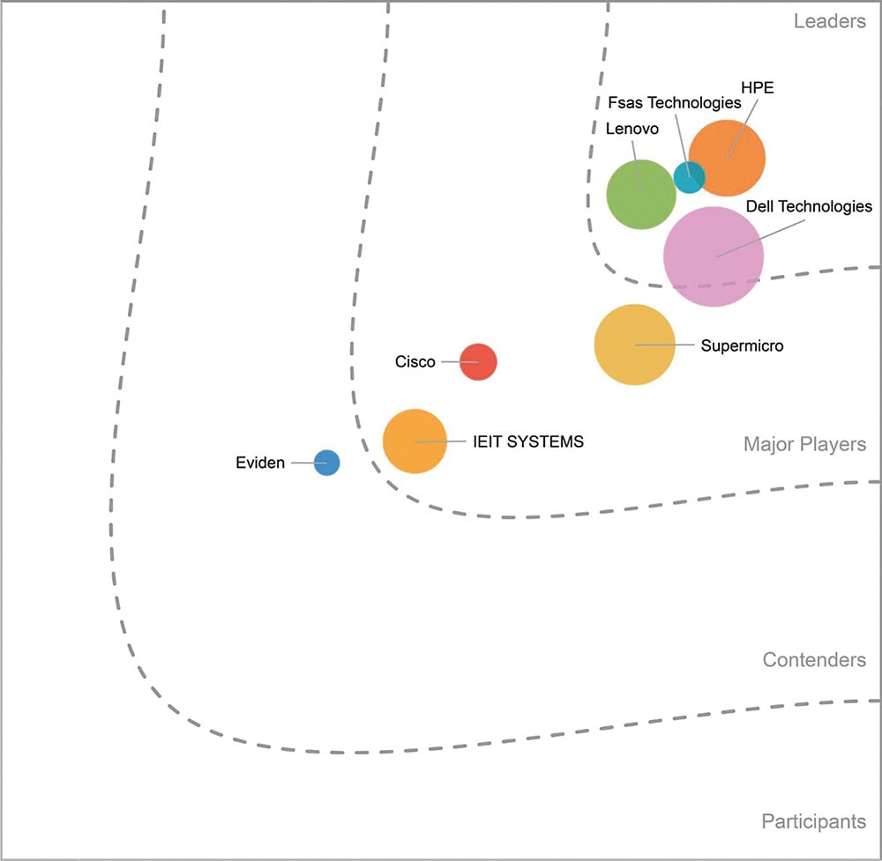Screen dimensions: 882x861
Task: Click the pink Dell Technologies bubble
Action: (x=714, y=256)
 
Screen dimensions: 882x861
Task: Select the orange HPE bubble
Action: (x=728, y=158)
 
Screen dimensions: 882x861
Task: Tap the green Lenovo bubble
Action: (x=641, y=195)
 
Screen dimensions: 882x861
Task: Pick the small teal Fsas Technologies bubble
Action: (x=690, y=177)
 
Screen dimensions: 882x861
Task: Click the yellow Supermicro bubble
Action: (x=634, y=345)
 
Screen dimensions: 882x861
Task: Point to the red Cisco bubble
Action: (x=478, y=362)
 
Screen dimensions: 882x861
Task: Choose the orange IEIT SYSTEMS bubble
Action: (x=415, y=442)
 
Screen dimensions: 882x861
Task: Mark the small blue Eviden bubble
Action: (x=327, y=463)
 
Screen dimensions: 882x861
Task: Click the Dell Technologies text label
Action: (x=809, y=207)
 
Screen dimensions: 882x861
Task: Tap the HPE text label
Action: (x=757, y=87)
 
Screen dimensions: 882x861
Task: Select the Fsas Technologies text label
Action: (x=675, y=103)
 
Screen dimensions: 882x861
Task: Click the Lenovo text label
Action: (x=632, y=129)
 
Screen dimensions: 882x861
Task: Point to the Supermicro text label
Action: (x=742, y=345)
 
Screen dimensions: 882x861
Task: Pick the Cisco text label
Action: (x=415, y=361)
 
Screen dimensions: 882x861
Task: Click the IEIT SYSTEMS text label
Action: (x=528, y=442)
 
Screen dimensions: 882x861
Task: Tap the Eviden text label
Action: (x=260, y=463)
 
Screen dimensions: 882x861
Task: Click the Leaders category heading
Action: (x=830, y=21)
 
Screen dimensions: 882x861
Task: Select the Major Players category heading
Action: (x=805, y=444)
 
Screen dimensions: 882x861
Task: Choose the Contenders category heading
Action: (x=814, y=660)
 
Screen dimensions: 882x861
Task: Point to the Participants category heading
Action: (x=814, y=821)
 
